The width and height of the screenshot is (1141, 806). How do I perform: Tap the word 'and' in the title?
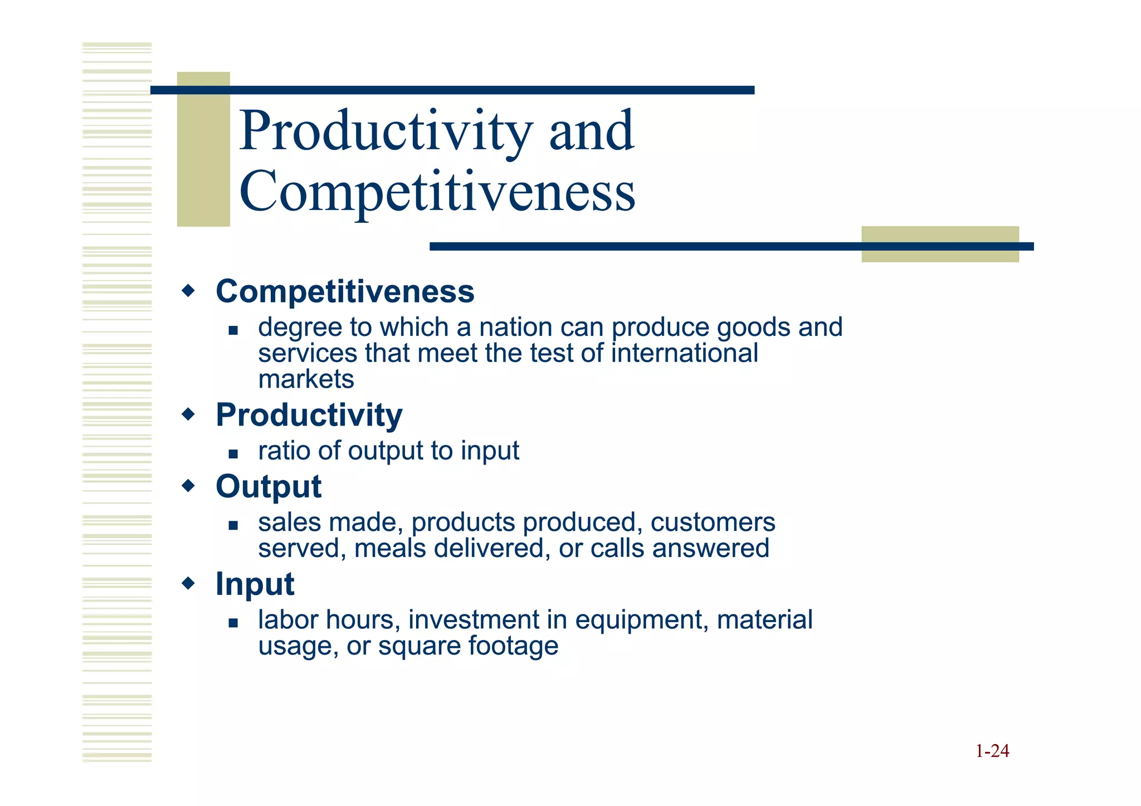coord(591,131)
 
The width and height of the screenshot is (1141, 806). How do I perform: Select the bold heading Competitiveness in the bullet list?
coord(345,291)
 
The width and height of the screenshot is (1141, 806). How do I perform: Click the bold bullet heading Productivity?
coord(309,415)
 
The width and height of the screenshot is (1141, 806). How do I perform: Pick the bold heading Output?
coord(269,486)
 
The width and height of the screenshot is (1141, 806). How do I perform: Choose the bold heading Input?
coord(255,584)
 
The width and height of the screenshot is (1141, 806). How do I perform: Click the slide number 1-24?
coord(992,751)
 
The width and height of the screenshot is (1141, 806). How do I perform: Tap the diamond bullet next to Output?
coord(189,486)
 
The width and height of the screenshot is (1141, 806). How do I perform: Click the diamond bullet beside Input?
coord(189,583)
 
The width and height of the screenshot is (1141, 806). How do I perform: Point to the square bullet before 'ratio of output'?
coord(233,454)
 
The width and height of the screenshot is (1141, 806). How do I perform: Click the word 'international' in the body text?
coord(685,353)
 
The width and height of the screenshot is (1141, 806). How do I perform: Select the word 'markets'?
coord(306,379)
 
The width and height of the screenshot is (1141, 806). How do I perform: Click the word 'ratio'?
coord(284,450)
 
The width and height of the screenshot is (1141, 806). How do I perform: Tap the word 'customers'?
coord(713,522)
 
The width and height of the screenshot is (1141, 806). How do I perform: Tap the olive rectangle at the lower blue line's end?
coord(940,244)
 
